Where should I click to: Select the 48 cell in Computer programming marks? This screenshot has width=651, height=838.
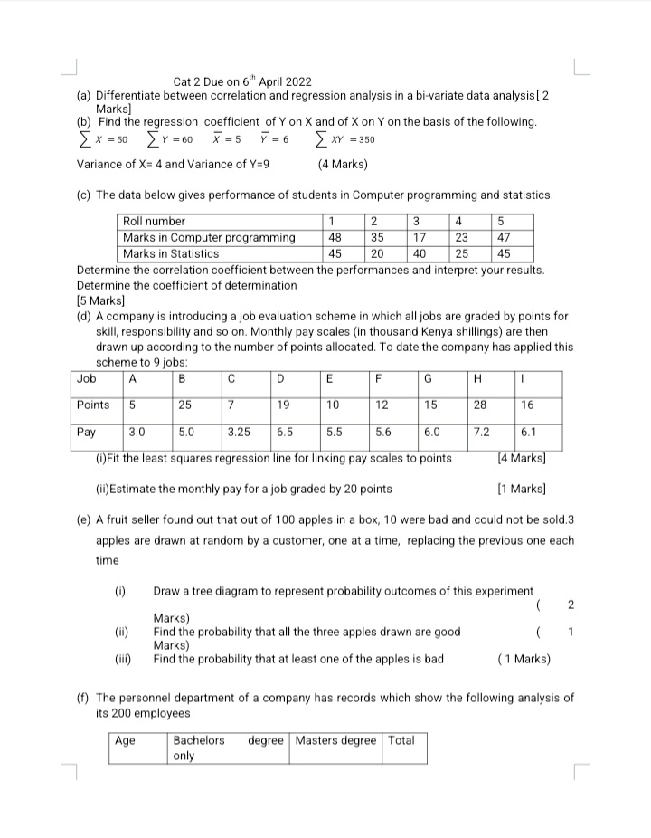click(x=335, y=238)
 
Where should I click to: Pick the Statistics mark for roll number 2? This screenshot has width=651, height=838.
click(x=374, y=254)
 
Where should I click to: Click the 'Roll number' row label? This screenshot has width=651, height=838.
click(x=154, y=222)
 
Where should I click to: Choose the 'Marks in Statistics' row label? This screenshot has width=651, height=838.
click(x=171, y=254)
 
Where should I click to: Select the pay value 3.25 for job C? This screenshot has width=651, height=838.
click(x=240, y=433)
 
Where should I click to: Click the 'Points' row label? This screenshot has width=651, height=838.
click(x=93, y=405)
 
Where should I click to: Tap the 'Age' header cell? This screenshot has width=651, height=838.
click(x=126, y=741)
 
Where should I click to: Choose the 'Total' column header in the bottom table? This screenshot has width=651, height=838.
click(x=401, y=741)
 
